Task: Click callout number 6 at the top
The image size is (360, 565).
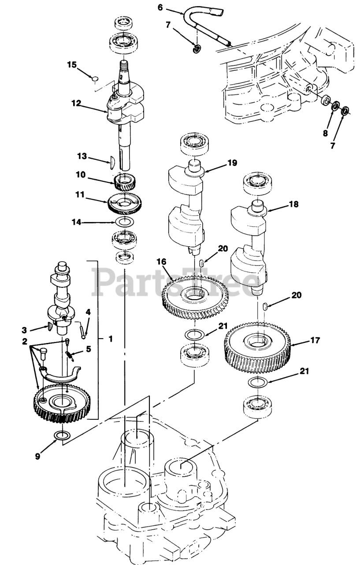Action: [160, 7]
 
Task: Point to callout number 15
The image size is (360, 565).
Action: [72, 65]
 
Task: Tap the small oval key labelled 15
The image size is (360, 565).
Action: [94, 79]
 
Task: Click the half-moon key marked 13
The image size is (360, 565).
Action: [112, 162]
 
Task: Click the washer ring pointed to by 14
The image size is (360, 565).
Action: [126, 222]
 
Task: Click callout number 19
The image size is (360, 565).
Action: [232, 163]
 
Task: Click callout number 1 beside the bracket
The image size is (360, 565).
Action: [110, 339]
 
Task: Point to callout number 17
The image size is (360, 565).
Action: [315, 340]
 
